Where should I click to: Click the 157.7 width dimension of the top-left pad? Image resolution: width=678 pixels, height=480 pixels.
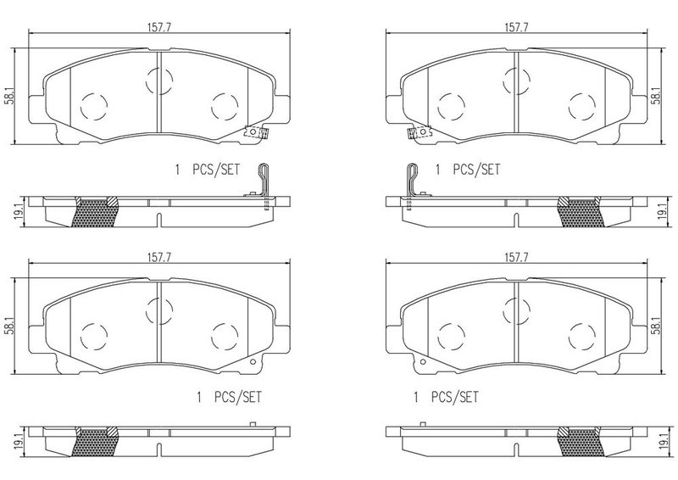click(159, 28)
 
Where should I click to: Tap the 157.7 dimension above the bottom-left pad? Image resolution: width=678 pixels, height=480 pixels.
click(159, 258)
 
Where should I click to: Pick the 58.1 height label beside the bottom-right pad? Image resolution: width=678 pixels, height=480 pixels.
click(656, 326)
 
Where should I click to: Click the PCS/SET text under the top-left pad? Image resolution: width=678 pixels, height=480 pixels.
click(216, 170)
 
